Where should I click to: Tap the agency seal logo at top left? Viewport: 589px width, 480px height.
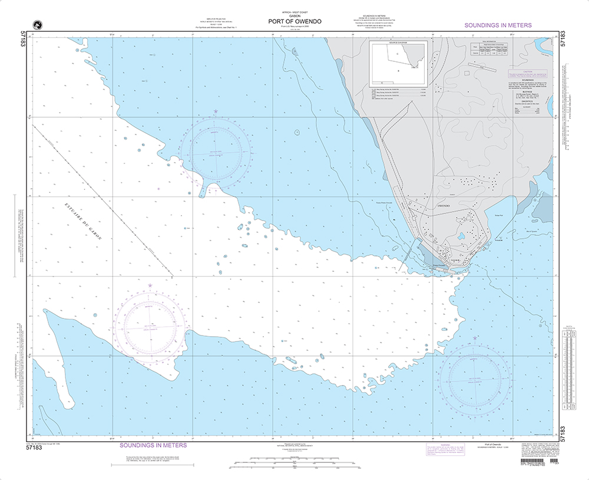(x=38, y=24)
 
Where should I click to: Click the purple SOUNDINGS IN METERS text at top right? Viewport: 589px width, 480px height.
(x=498, y=25)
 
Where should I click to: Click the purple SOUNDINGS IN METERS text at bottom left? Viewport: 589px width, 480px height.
(x=153, y=445)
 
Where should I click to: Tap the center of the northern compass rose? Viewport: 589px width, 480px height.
(x=216, y=152)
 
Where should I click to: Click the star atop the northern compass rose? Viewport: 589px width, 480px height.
(x=216, y=111)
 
